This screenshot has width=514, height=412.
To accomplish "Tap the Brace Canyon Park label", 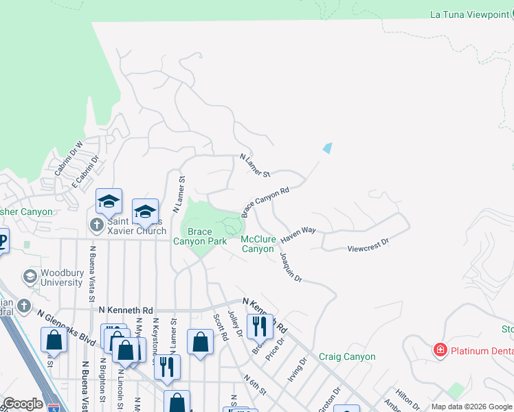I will coord(199,237).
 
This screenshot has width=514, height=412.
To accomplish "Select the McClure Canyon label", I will coord(258,244).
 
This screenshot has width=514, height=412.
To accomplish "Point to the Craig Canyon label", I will coord(347,356).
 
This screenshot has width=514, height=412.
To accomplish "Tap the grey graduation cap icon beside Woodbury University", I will coord(30,277).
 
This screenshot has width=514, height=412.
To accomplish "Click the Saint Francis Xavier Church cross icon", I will coord(96,225).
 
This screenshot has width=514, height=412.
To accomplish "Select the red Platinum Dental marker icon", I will coord(439,351).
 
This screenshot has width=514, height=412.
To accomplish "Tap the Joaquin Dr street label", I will coord(290,267).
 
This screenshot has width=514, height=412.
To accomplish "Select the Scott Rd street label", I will coord(220,328).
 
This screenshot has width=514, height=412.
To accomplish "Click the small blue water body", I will coord(328,148).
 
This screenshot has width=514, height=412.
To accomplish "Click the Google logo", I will coord(22,404).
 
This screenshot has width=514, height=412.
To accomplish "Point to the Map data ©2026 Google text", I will coord(471,407).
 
